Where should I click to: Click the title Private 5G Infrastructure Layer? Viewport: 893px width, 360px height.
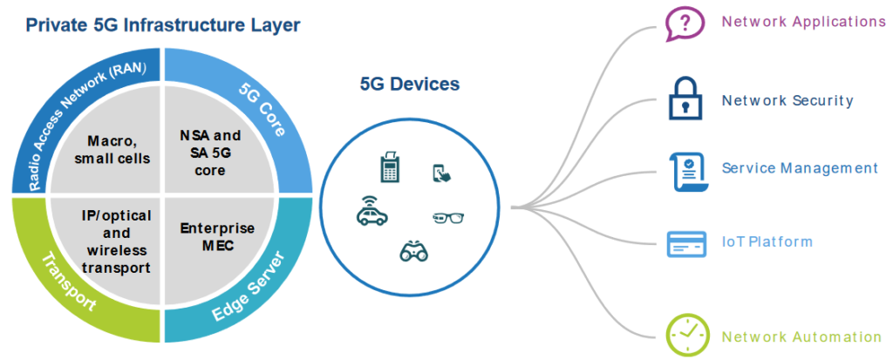163,24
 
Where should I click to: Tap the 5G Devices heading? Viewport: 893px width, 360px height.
409,85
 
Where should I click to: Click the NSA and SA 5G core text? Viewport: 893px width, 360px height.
210,152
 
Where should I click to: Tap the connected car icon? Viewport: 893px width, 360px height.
372,211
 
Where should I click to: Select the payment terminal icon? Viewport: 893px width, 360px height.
389,166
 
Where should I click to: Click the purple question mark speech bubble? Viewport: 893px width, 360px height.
685,24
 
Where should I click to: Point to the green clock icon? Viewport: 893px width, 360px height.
685,335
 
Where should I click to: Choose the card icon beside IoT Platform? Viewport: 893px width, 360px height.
686,243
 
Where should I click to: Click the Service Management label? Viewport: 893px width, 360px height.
800,168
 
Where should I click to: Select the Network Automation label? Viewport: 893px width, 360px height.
801,336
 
